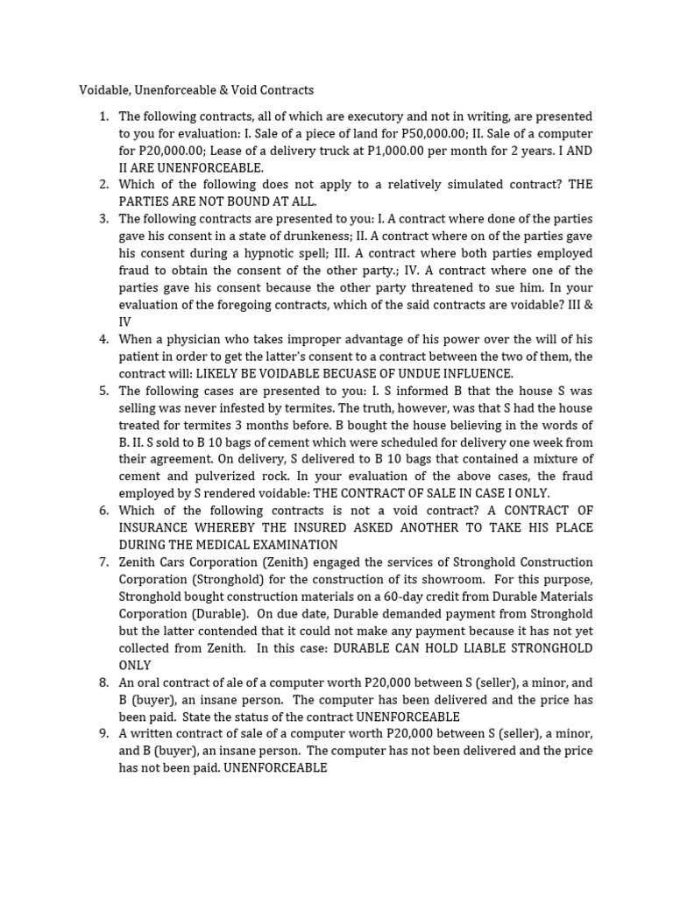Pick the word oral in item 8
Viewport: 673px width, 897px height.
(x=150, y=682)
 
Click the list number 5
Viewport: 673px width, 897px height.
(x=103, y=391)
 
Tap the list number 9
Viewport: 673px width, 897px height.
(x=103, y=733)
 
